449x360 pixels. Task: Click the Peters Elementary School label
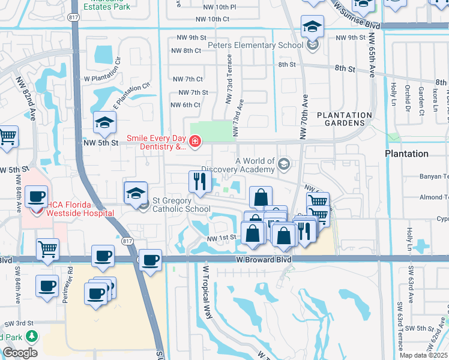pos(255,46)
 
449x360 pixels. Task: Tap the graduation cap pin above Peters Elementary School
pos(312,26)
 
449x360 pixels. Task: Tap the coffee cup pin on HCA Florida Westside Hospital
pos(37,197)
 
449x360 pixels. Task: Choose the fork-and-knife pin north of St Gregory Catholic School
pos(199,182)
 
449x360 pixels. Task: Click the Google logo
pos(20,352)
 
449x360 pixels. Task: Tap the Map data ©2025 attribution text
pos(422,355)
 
